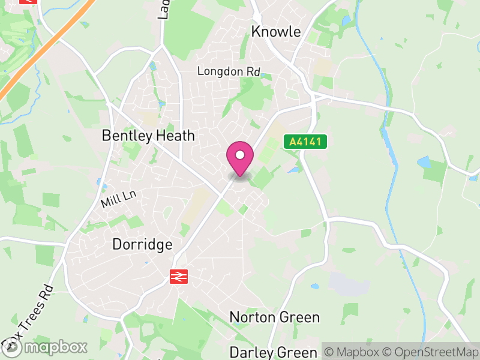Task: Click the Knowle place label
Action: (276, 32)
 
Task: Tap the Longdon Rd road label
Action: (229, 71)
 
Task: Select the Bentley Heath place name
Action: (148, 136)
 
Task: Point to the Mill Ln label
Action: (119, 199)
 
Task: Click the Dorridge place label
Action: (142, 245)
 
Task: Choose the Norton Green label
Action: (275, 317)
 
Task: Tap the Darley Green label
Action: (273, 352)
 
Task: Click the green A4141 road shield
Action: (306, 142)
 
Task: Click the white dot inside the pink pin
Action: (240, 155)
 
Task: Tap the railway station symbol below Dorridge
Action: (178, 276)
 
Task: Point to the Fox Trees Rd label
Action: (28, 315)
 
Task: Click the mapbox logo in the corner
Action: (46, 347)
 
